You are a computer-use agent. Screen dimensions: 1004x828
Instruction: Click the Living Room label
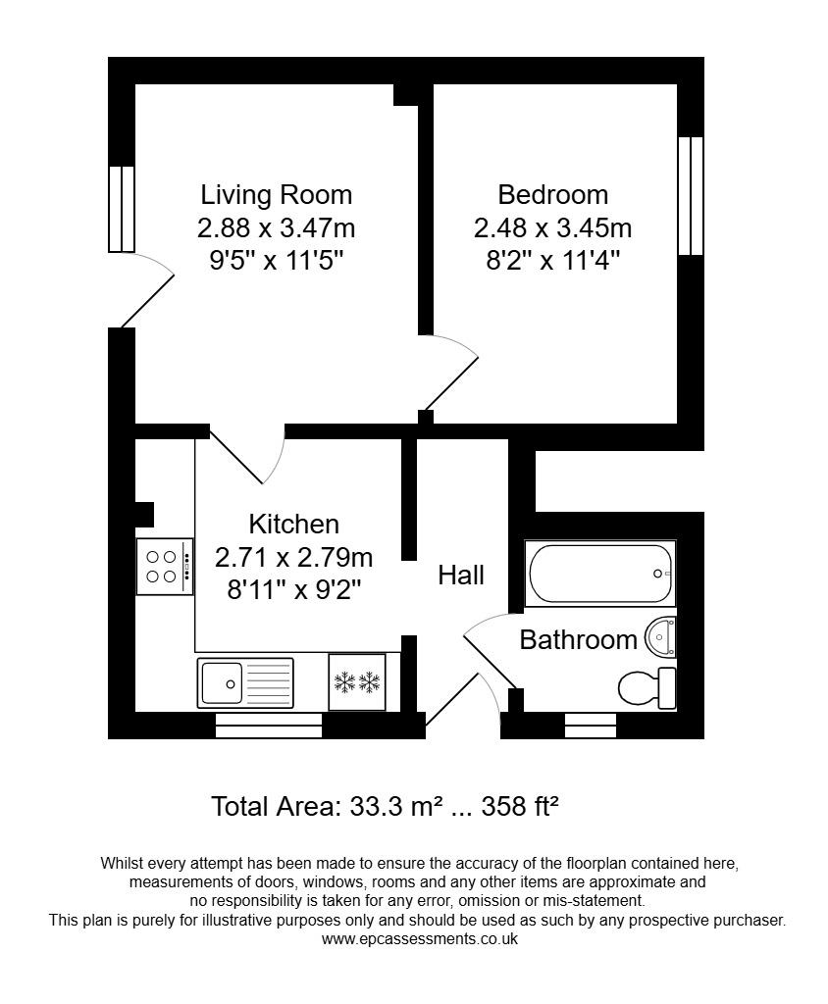[276, 194]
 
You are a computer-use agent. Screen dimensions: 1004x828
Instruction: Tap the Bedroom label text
[552, 194]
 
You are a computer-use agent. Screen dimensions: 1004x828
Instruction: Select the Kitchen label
[293, 524]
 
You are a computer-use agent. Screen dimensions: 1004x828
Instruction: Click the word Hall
[461, 575]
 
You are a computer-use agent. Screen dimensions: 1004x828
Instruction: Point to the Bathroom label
[578, 640]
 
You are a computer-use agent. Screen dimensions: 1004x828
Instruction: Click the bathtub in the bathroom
[600, 574]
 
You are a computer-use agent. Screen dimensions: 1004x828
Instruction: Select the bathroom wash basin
[662, 638]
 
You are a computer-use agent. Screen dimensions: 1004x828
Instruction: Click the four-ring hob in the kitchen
[163, 567]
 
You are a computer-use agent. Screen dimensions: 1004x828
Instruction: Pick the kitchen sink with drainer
[245, 682]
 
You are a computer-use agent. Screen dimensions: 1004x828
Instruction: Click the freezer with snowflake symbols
[357, 680]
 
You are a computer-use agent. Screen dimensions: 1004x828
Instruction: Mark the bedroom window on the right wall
[691, 196]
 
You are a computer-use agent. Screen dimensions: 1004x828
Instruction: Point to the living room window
[121, 209]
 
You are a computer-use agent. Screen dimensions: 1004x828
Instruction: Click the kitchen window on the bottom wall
[269, 726]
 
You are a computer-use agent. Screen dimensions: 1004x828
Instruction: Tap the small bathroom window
[591, 726]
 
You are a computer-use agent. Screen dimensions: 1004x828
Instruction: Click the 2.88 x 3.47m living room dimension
[276, 228]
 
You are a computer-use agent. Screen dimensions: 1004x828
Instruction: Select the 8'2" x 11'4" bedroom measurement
[552, 261]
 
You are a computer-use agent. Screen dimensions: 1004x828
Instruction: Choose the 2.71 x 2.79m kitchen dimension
[293, 558]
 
